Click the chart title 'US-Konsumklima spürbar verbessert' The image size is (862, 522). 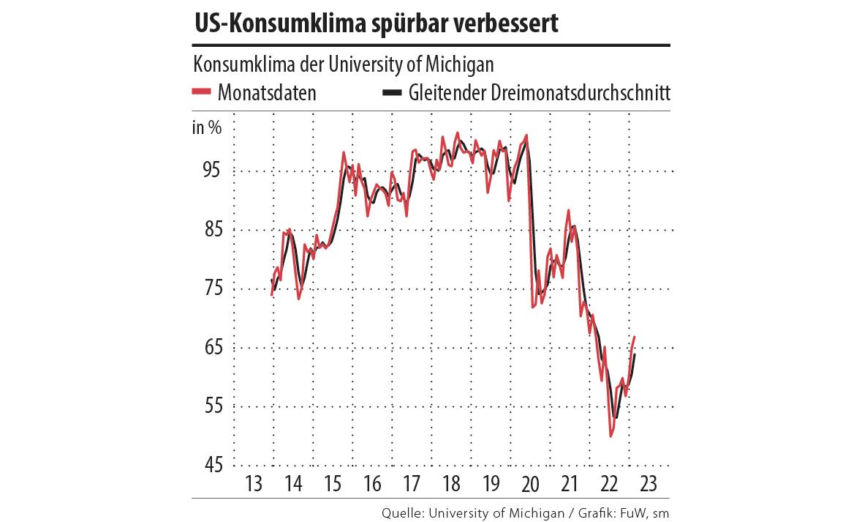tap(376, 23)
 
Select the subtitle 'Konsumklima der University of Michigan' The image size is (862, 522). tap(343, 64)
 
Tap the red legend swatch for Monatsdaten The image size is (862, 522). tap(201, 93)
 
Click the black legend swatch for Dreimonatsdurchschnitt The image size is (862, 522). tap(392, 93)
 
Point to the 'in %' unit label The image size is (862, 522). tap(207, 128)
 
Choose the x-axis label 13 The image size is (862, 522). tap(254, 484)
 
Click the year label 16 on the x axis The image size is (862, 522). tap(372, 484)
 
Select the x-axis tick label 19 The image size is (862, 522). tap(491, 484)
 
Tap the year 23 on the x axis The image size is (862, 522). tap(648, 484)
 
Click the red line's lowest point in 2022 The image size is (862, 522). tap(610, 436)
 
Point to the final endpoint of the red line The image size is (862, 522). tap(635, 337)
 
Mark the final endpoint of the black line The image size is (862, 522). tap(635, 354)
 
